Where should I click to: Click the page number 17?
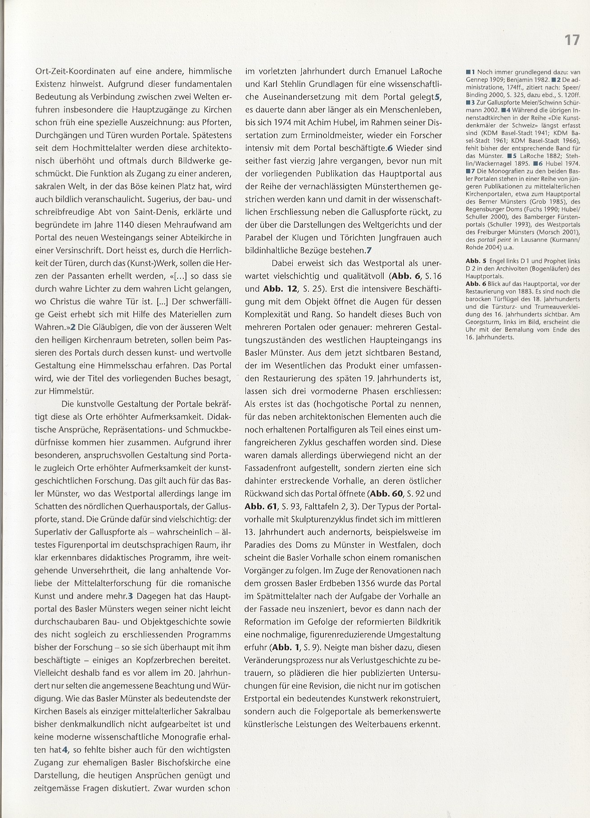tap(572, 40)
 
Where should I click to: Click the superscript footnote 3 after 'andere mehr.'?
tap(131, 596)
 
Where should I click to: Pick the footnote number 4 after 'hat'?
tap(65, 750)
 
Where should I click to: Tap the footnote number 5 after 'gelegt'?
tap(436, 97)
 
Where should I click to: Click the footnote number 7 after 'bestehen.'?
tap(369, 250)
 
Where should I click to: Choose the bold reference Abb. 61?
tap(260, 506)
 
